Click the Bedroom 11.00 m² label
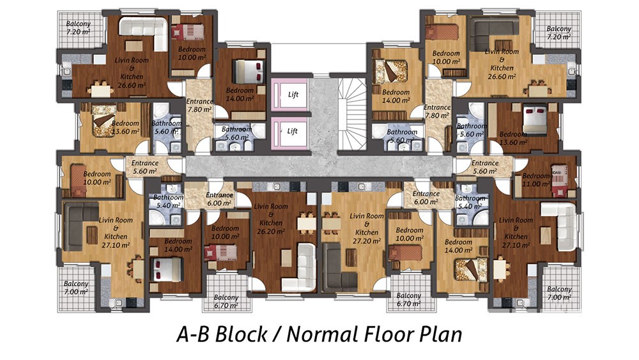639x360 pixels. click(x=536, y=180)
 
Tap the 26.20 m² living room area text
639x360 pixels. click(x=270, y=231)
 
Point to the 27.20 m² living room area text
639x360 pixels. click(x=367, y=241)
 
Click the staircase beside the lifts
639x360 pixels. click(x=353, y=114)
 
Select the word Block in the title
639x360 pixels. click(x=240, y=334)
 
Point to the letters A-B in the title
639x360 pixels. click(x=193, y=334)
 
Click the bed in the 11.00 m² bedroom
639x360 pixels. click(x=562, y=180)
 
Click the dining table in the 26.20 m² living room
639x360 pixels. click(x=307, y=223)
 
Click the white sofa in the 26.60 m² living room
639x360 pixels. click(x=143, y=33)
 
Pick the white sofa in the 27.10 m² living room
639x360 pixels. click(x=558, y=227)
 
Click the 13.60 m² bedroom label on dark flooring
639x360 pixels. click(x=514, y=138)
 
